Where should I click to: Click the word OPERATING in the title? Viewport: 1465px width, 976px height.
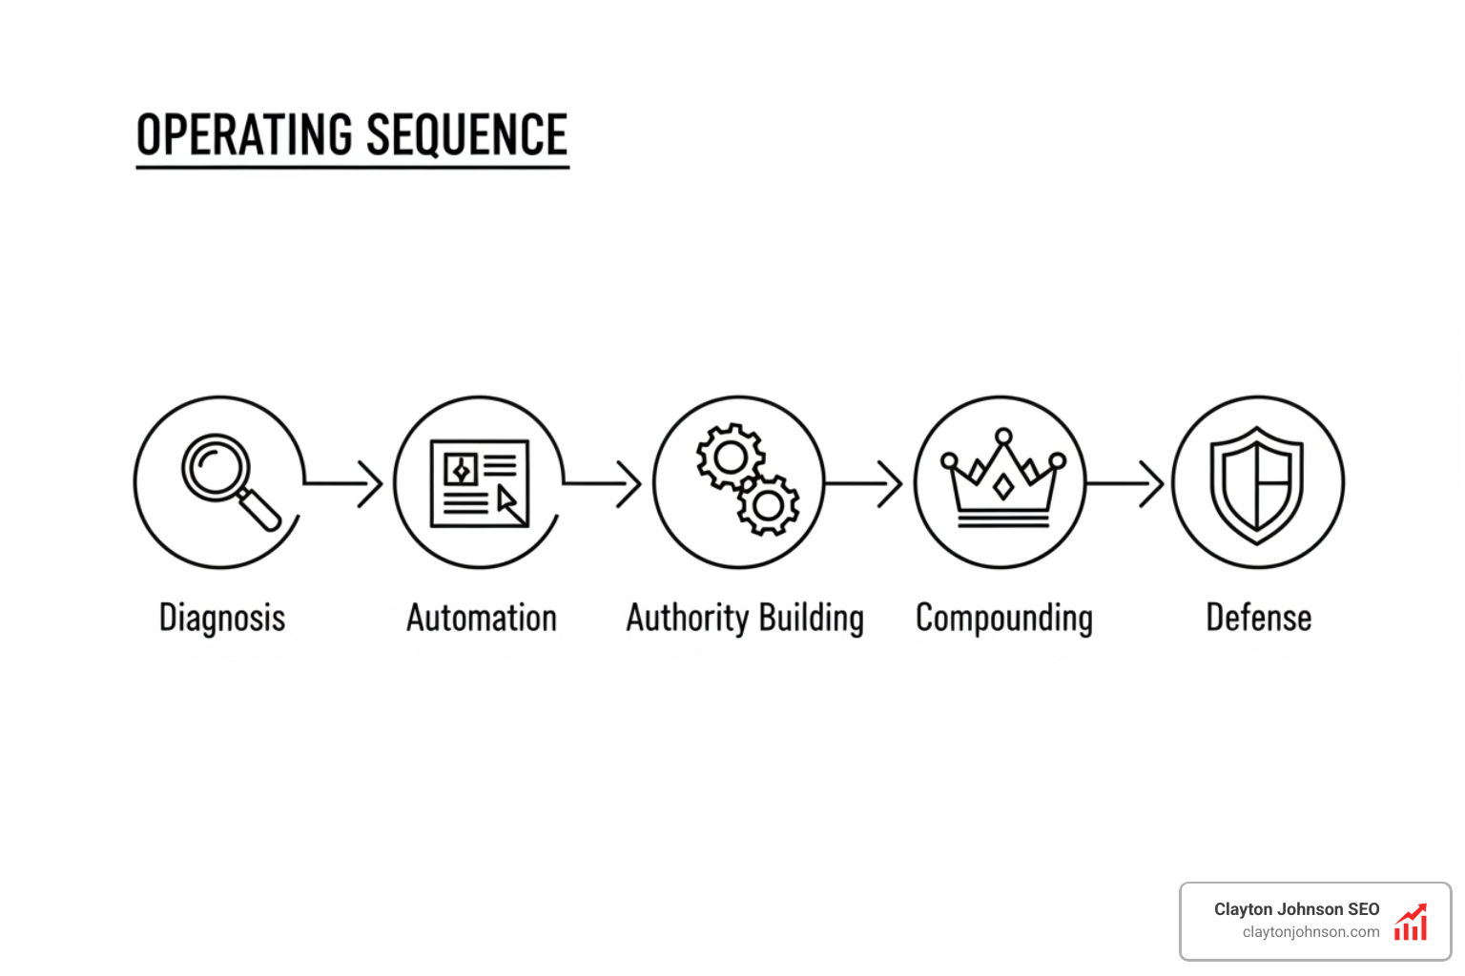tap(246, 134)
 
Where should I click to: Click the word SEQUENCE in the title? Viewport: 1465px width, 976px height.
tap(466, 134)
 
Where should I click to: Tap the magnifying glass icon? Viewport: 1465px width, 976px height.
tap(230, 480)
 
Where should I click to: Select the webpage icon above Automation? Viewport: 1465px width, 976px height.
tap(480, 482)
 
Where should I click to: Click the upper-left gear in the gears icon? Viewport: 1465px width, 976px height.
tap(730, 457)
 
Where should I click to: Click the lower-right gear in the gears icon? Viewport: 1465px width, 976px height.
tap(768, 504)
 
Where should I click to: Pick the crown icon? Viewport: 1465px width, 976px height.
tap(1002, 478)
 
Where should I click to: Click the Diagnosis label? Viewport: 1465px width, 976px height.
tap(222, 619)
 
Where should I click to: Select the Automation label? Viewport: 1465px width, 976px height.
tap(482, 619)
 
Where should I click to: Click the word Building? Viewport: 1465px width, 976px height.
tap(812, 619)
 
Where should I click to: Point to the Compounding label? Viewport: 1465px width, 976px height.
tap(1004, 619)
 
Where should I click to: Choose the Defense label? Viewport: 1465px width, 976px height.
tap(1259, 618)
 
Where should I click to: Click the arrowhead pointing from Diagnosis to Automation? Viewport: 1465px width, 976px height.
tap(372, 483)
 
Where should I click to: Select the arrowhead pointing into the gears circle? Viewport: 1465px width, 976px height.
tap(630, 483)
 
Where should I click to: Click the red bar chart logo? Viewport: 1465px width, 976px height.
tap(1411, 923)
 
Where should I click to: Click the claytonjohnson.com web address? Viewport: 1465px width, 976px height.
tap(1310, 932)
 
